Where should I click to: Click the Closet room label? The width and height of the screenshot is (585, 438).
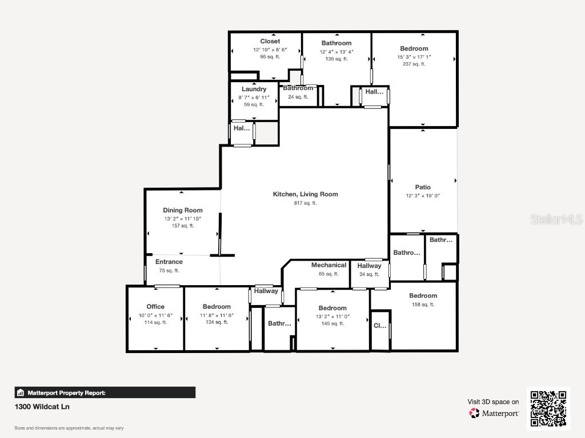tap(270, 42)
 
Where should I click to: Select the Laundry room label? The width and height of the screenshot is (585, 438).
tap(254, 90)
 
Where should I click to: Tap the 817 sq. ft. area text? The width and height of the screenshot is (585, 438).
tap(305, 203)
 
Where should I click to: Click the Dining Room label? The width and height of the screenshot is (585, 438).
tap(183, 210)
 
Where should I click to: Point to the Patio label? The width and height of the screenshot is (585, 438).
tap(423, 187)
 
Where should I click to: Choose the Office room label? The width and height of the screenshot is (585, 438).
tap(155, 307)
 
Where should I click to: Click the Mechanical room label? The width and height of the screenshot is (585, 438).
tap(328, 265)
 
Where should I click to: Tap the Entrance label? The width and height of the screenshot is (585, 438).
tap(169, 262)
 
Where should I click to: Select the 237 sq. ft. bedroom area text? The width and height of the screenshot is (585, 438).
tap(414, 64)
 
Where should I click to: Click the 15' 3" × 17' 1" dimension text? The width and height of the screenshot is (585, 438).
tap(414, 56)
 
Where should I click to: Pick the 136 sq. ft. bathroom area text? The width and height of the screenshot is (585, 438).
tap(336, 59)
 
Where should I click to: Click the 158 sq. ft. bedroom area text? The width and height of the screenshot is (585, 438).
tap(423, 305)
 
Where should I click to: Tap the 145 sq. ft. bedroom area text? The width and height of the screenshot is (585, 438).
tap(332, 323)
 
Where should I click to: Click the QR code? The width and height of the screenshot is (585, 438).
tap(548, 408)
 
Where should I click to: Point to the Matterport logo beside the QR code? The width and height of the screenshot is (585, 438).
tap(494, 413)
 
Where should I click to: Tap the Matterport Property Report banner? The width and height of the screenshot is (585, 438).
tap(105, 392)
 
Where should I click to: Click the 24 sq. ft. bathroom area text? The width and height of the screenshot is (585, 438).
tap(298, 97)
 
